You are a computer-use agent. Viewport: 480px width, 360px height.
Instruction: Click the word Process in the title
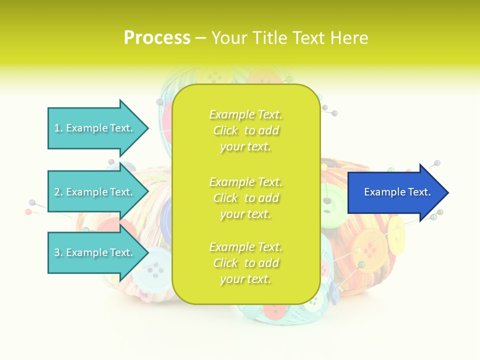157,38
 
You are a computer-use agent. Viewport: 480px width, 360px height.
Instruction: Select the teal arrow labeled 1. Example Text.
95,128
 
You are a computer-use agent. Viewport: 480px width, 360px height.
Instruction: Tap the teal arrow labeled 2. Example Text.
95,192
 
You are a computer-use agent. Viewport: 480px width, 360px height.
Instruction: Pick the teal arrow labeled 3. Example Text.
95,252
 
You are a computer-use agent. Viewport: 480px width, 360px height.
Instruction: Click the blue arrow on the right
395,192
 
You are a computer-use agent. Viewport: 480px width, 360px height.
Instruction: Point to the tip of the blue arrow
447,192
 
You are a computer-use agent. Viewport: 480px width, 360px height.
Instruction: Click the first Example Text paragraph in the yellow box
245,130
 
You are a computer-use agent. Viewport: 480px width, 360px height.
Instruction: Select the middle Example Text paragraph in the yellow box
245,198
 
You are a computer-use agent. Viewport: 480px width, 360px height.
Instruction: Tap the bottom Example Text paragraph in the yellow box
245,263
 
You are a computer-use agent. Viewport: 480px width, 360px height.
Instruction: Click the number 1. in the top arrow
58,128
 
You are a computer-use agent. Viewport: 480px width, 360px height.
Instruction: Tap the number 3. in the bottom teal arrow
58,252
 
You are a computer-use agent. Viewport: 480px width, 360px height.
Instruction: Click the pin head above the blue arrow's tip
437,163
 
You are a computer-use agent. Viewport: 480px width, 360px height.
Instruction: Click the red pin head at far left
28,212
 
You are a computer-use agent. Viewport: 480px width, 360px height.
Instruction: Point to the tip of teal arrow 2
148,192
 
